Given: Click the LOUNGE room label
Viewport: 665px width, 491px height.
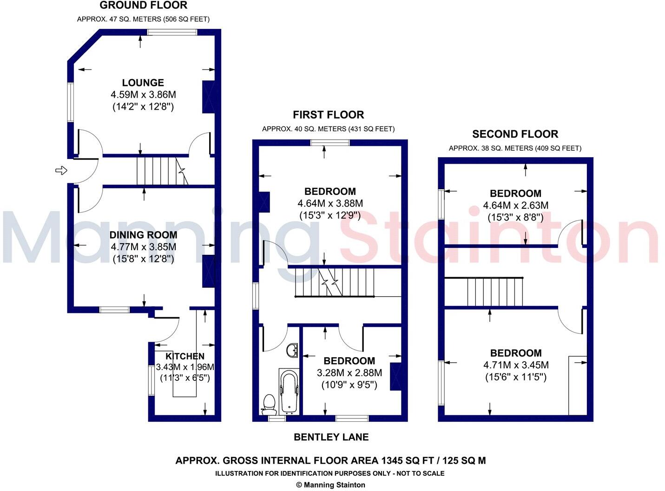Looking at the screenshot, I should coord(143,83).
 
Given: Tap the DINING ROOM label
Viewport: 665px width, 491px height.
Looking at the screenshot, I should coord(143,235).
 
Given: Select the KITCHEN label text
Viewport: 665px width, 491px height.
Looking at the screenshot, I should coord(185,356).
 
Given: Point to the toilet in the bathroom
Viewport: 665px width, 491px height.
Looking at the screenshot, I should coord(269,404).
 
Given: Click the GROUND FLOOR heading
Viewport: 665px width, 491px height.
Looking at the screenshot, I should coord(144,6).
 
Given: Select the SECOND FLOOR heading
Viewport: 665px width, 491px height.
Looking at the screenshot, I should coord(515,134).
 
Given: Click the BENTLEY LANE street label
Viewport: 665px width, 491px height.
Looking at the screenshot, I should coord(331,437).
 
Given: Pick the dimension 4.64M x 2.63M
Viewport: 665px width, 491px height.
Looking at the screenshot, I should coord(515,205).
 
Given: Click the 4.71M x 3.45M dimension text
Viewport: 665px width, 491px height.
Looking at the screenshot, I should coord(516,365).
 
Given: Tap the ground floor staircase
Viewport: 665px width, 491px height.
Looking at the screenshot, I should coord(161,171).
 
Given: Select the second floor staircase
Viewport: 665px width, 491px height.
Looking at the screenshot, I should coord(484,292).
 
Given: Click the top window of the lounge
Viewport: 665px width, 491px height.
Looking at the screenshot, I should coord(172,32).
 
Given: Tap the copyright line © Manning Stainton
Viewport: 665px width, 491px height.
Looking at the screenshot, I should coord(330,485).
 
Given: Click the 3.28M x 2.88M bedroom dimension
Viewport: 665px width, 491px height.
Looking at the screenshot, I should coord(349,373).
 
